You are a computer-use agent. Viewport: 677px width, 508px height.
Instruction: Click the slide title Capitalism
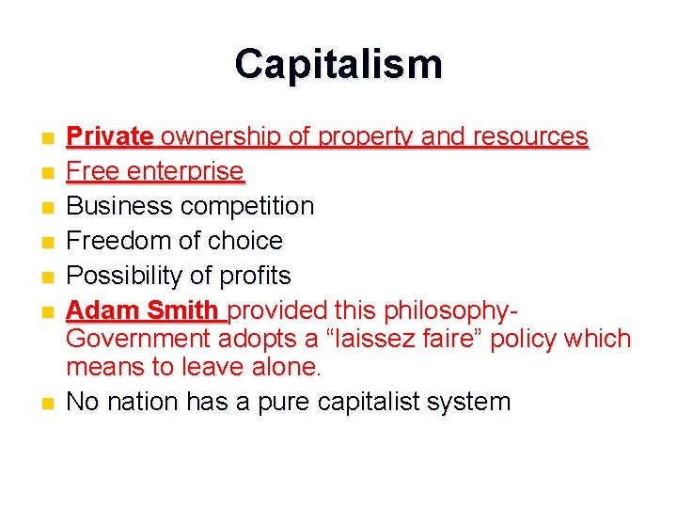pos(338,65)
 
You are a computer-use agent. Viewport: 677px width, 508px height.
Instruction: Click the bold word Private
pos(110,137)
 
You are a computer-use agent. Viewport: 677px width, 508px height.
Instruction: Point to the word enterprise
pos(186,172)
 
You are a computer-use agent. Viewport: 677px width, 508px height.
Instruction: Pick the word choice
pos(246,241)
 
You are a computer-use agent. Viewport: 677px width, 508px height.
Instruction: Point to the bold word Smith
pos(182,310)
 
